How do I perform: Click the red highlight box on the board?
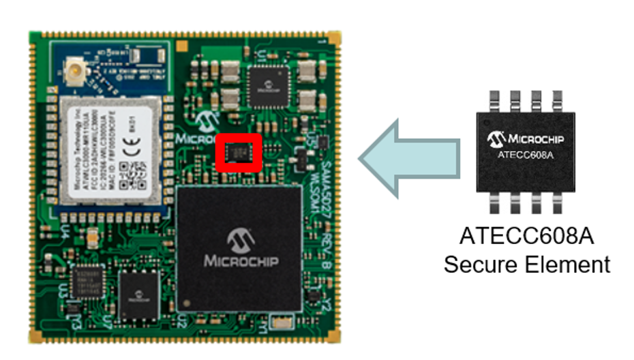(239, 153)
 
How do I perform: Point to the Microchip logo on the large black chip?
(240, 240)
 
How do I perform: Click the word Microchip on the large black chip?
(240, 262)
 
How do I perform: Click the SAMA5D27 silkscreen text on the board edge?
(324, 175)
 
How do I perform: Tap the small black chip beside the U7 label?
(139, 292)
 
